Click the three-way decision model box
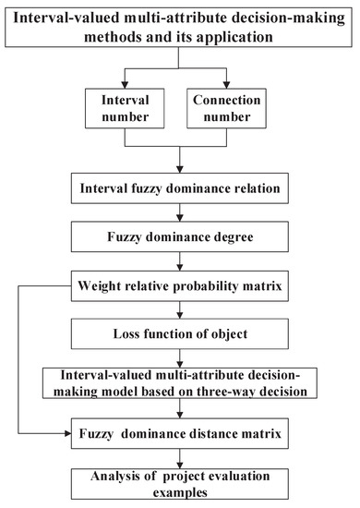point(180,383)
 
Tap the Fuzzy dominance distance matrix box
point(180,429)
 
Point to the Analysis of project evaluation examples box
point(180,478)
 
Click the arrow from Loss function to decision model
point(180,359)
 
